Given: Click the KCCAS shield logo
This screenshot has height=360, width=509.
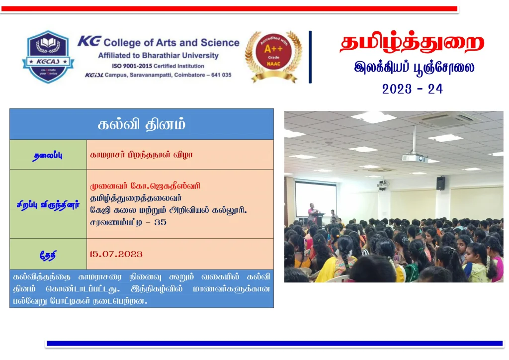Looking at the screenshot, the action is click(x=48, y=57).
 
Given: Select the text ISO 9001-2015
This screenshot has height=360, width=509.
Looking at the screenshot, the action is click(x=132, y=66).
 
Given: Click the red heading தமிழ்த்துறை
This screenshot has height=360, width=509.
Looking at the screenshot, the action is click(x=412, y=43).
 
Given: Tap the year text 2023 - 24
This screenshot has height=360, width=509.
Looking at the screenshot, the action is click(x=412, y=89).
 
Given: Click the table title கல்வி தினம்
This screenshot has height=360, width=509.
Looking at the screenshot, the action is click(x=142, y=124).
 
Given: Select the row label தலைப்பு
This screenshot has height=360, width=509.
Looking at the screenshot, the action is click(x=48, y=156).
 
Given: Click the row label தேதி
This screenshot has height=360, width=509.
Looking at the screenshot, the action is click(x=48, y=255).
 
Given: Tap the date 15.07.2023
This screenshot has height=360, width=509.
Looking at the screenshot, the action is click(x=116, y=254).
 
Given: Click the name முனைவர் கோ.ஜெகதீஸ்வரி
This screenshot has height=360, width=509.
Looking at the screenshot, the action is click(x=145, y=186).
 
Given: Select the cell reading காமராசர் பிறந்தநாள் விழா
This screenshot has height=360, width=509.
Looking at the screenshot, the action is click(x=141, y=155).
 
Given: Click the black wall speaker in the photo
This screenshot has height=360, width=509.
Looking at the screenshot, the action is click(x=440, y=183).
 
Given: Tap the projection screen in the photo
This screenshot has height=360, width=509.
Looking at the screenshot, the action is click(x=316, y=199).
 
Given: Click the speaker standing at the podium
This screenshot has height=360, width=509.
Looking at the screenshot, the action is click(x=312, y=213).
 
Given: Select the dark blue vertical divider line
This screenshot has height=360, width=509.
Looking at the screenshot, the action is click(x=310, y=57).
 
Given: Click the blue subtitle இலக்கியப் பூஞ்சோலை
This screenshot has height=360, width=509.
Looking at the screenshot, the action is click(x=414, y=68).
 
